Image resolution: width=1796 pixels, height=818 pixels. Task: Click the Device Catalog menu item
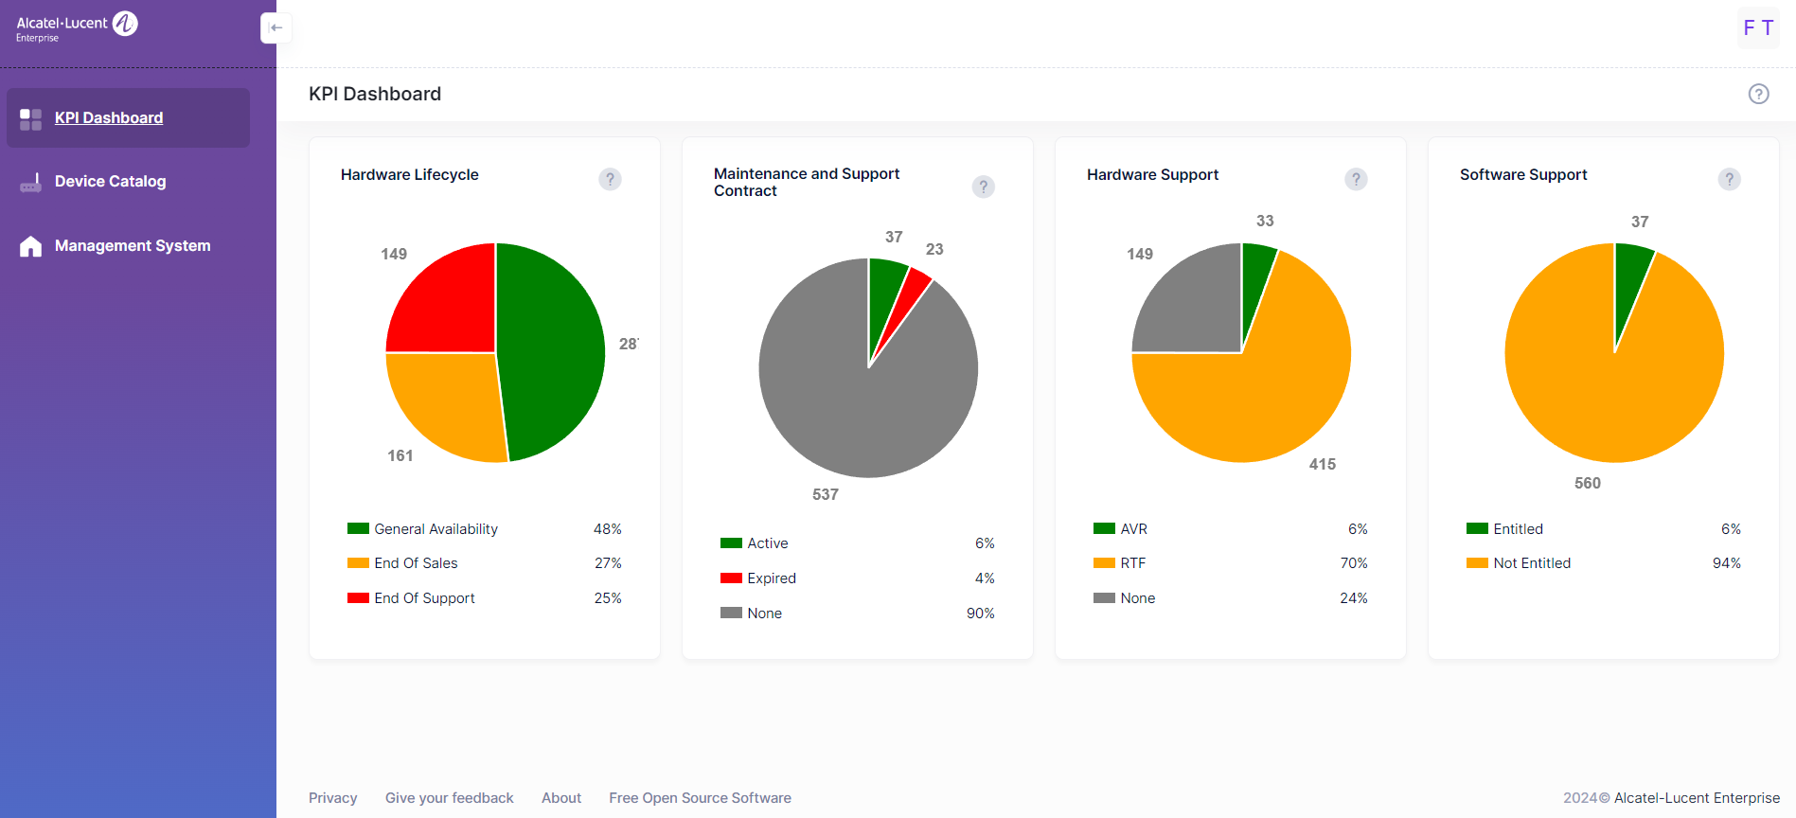tap(110, 182)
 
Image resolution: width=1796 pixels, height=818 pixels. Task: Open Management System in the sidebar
tap(132, 246)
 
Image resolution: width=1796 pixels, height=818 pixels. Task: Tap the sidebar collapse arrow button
tap(276, 27)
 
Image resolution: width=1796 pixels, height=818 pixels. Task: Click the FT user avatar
tap(1757, 27)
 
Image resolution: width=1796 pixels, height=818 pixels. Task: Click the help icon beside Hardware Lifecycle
tap(610, 179)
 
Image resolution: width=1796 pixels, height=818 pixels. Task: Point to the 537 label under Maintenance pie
tap(825, 494)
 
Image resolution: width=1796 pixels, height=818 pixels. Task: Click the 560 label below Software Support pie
tap(1587, 483)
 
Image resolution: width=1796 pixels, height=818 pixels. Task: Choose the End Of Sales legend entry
tap(416, 563)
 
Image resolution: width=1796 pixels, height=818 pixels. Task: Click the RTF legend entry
tap(1132, 563)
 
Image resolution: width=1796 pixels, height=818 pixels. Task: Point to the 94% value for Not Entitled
tap(1726, 563)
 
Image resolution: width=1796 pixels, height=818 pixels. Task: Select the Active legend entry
tap(767, 543)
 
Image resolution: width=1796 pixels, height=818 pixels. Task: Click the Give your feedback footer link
tap(449, 798)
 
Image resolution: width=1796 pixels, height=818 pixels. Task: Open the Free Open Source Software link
tap(700, 798)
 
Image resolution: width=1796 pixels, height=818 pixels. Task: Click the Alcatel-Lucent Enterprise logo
tap(77, 27)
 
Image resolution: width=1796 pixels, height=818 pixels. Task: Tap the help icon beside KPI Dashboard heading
tap(1758, 94)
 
